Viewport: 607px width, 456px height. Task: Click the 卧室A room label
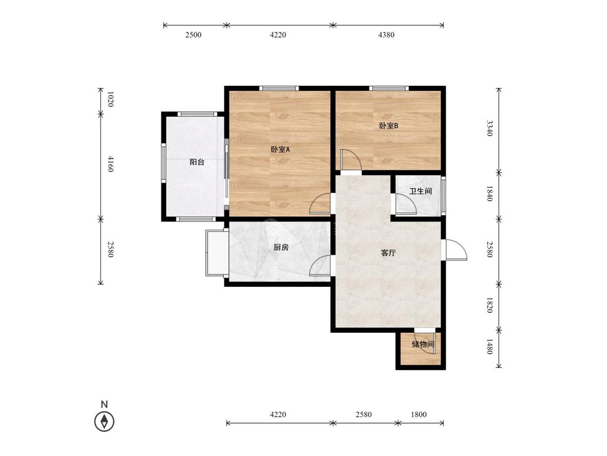280,149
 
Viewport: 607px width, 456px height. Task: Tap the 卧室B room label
388,126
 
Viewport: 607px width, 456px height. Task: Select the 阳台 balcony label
196,162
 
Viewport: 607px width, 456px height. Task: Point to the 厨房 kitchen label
281,247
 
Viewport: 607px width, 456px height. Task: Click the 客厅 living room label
388,253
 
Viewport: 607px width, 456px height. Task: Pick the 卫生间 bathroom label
420,191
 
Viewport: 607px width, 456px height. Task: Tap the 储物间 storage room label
422,344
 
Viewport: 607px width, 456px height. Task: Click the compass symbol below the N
104,421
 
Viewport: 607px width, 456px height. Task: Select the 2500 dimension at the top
194,35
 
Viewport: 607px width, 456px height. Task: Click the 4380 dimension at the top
386,35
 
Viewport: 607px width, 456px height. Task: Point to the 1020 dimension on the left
110,99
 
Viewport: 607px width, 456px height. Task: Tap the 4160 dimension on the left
110,164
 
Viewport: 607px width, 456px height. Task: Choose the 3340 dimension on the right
490,128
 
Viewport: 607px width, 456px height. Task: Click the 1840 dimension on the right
490,193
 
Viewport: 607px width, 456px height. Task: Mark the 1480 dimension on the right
490,346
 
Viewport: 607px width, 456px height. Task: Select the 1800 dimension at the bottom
419,414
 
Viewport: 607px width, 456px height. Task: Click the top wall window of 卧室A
279,88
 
